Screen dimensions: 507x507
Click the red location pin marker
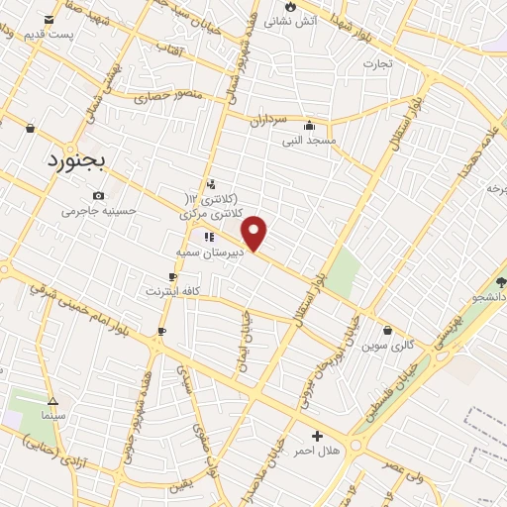(x=254, y=233)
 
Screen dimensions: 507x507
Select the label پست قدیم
(x=70, y=34)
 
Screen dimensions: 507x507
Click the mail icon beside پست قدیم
(x=46, y=19)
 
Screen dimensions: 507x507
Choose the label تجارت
(x=377, y=64)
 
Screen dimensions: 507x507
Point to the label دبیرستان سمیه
(x=210, y=253)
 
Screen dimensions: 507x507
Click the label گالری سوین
(x=387, y=346)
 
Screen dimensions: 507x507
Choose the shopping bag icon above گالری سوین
(x=387, y=331)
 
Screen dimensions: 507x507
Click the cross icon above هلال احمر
(x=317, y=436)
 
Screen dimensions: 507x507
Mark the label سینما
(x=53, y=417)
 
